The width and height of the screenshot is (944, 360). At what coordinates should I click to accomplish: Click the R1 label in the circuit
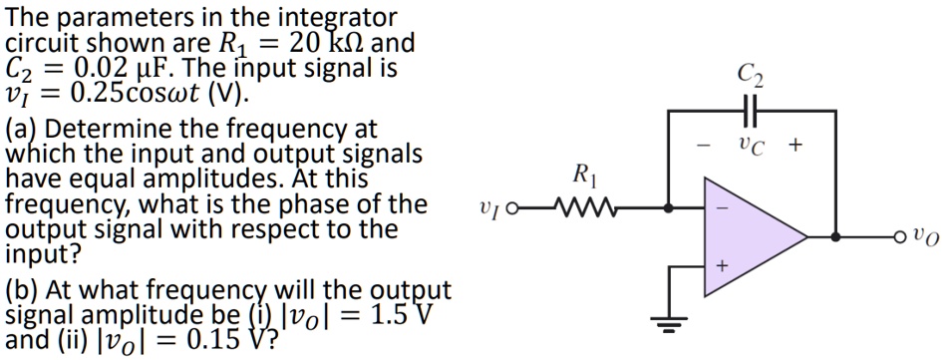pos(584,180)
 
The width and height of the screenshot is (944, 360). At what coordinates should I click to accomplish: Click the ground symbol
pos(667,320)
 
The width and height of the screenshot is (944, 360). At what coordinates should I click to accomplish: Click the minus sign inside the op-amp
pos(722,209)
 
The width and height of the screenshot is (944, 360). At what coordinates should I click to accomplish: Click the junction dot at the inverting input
pos(667,209)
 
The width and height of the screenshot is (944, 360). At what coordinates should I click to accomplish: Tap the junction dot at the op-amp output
pos(835,237)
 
